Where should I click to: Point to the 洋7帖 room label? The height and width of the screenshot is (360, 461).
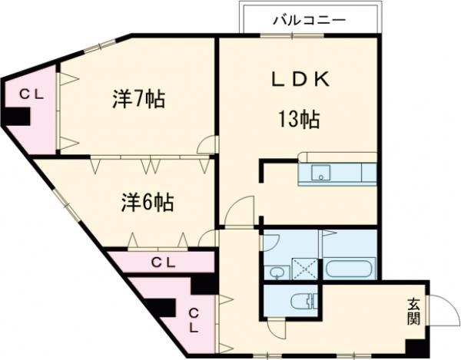tap(139, 100)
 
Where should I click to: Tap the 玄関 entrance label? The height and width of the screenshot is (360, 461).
tap(413, 309)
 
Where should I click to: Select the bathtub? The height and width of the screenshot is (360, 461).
tap(350, 269)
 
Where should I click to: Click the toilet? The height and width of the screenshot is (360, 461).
tap(302, 302)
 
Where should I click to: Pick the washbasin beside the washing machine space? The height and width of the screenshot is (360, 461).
tap(275, 270)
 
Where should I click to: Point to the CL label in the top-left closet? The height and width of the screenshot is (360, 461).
tap(30, 94)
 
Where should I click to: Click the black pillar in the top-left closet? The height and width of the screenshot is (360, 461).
tap(18, 115)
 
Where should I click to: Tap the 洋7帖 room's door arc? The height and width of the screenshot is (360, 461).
tap(206, 144)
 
